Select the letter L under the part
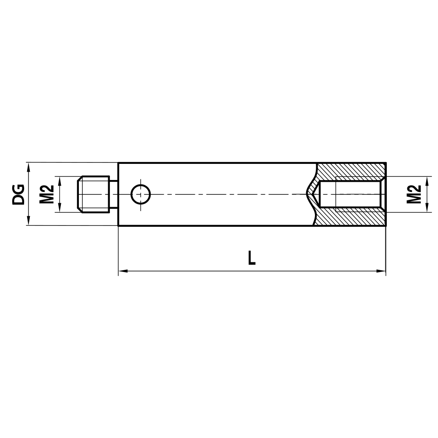(251, 258)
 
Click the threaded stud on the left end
(93, 194)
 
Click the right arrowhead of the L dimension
(382, 272)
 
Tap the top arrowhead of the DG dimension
(28, 166)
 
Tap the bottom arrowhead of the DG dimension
(28, 222)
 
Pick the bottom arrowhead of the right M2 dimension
(427, 209)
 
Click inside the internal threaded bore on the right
(357, 194)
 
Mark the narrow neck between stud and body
(113, 194)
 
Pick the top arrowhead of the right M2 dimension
(427, 180)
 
